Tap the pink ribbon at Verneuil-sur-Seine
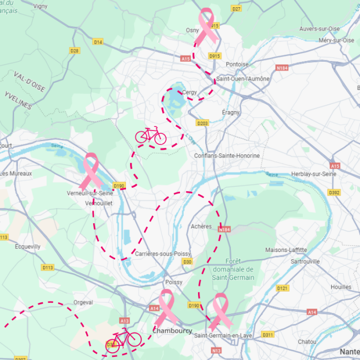(x=91, y=171)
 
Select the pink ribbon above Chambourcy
(x=166, y=308)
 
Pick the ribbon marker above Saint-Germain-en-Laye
(x=220, y=311)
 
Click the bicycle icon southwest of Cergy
(x=151, y=136)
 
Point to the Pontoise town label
(x=237, y=65)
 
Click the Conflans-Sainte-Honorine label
(x=227, y=156)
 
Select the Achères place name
(x=201, y=226)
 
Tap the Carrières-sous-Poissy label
(x=163, y=254)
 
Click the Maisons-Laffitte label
(x=286, y=250)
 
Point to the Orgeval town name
(x=83, y=302)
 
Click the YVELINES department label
(x=19, y=101)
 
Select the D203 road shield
(x=203, y=123)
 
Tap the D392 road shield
(x=334, y=192)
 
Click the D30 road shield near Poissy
(x=187, y=262)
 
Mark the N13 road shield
(x=216, y=350)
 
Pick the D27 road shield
(x=237, y=9)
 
